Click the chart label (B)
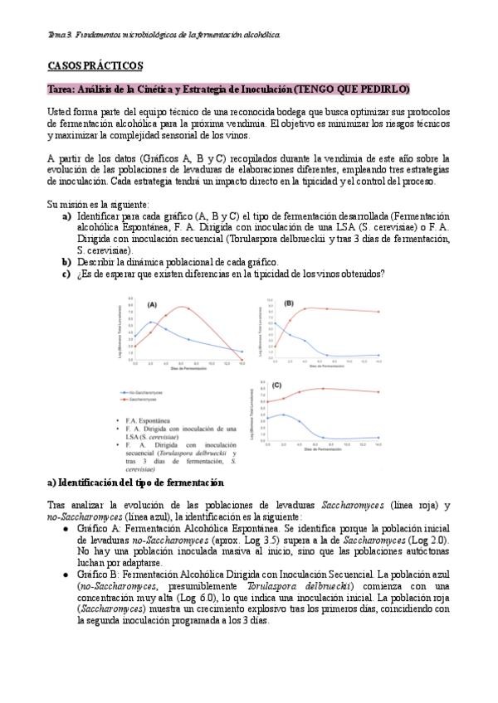pyautogui.click(x=289, y=303)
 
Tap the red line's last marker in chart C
pyautogui.click(x=379, y=392)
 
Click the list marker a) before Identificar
pyautogui.click(x=67, y=216)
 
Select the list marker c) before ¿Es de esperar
pyautogui.click(x=67, y=275)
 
